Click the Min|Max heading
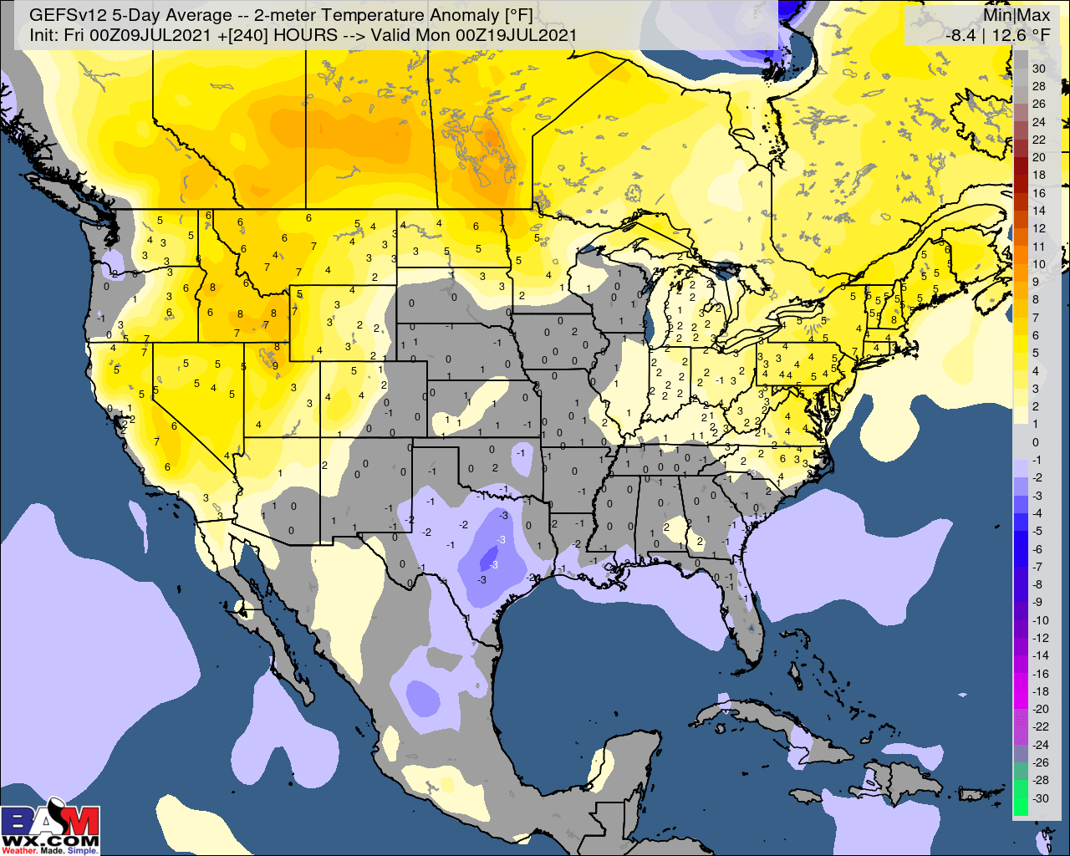pos(1016,15)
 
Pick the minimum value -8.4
pos(960,35)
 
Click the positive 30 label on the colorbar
pos(1038,69)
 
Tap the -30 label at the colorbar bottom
pos(1039,797)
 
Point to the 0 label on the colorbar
pos(1036,442)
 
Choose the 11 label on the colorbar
pos(1038,247)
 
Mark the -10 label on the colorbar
pos(1039,619)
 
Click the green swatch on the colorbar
pos(1021,797)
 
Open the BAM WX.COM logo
pos(50,827)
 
